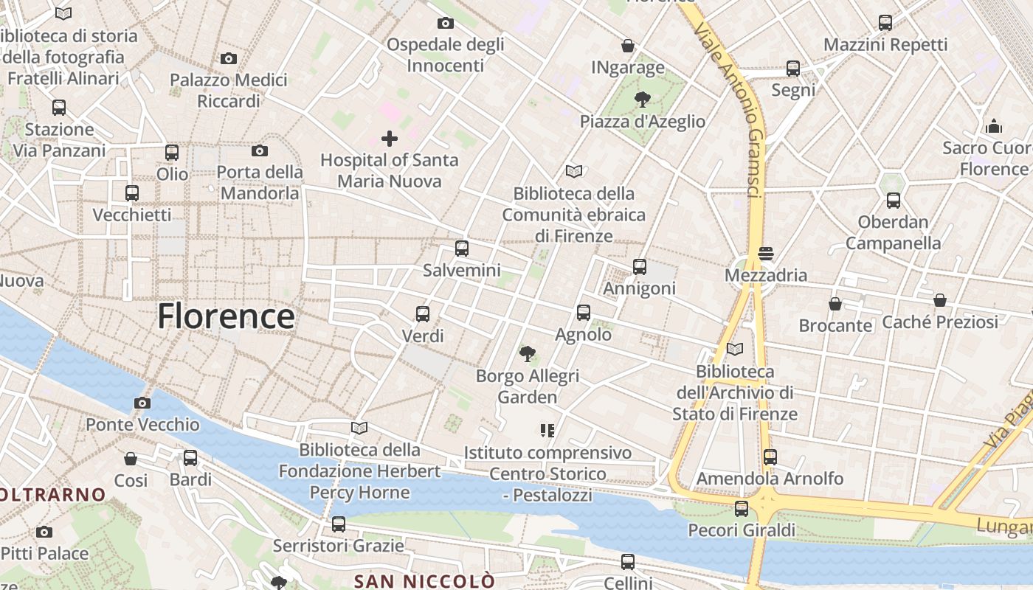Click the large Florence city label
pos(226,316)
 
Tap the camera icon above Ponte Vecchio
pos(142,403)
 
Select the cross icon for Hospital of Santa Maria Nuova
pos(390,138)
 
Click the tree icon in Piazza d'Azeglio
pos(643,100)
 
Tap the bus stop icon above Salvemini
pos(462,249)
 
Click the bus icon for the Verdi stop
pos(423,314)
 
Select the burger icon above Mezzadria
pos(765,254)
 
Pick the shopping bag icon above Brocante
pos(835,304)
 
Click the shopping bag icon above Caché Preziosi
pos(939,300)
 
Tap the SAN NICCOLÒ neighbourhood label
pos(424,581)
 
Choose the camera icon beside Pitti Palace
pos(44,532)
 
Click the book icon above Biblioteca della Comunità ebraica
pos(574,172)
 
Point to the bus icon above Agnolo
pos(584,313)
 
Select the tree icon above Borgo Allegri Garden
pos(527,354)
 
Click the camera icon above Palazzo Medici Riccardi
pos(229,58)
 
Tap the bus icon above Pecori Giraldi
pos(742,509)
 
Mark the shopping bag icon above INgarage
pos(628,46)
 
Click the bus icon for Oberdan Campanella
pos(894,200)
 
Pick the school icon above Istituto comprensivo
pos(547,430)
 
